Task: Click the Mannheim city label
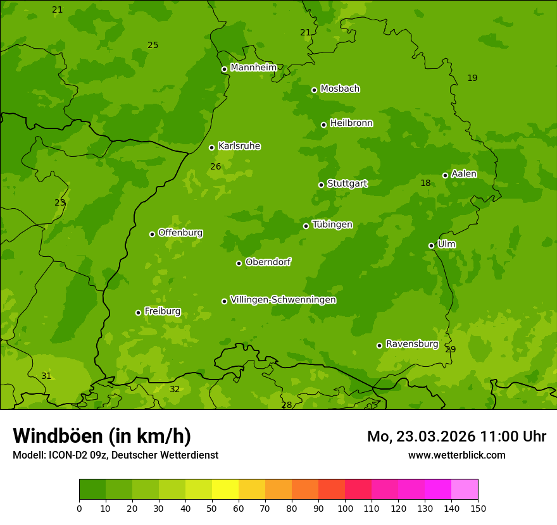click(x=253, y=68)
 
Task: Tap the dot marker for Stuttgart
click(x=321, y=185)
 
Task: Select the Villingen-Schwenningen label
click(x=283, y=300)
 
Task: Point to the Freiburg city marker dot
click(x=138, y=312)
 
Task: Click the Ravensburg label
click(x=411, y=344)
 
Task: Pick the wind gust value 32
click(x=175, y=390)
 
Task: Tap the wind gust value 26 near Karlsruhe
click(x=216, y=167)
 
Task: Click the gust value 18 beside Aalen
click(x=425, y=183)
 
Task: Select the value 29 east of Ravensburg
click(x=451, y=350)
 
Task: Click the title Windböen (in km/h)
click(x=102, y=436)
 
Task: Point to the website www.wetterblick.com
click(x=456, y=455)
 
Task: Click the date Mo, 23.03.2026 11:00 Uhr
click(x=456, y=436)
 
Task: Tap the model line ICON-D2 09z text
click(x=115, y=455)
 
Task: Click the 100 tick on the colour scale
click(x=345, y=508)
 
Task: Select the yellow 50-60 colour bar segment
click(x=225, y=490)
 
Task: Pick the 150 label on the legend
click(x=478, y=508)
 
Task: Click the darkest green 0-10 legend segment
click(x=92, y=490)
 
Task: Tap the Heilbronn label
click(x=351, y=123)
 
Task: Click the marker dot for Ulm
click(x=431, y=245)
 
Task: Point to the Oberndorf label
click(x=268, y=262)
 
